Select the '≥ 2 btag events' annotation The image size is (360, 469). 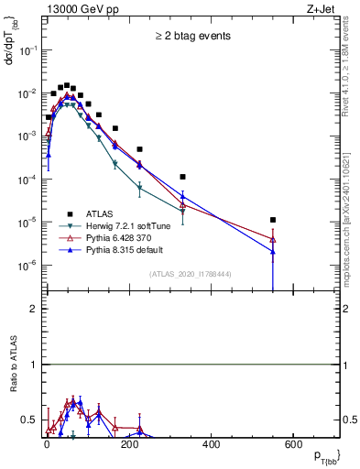pyautogui.click(x=191, y=36)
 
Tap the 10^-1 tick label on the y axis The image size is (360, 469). pyautogui.click(x=27, y=50)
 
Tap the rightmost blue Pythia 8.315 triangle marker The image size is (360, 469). pyautogui.click(x=273, y=252)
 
